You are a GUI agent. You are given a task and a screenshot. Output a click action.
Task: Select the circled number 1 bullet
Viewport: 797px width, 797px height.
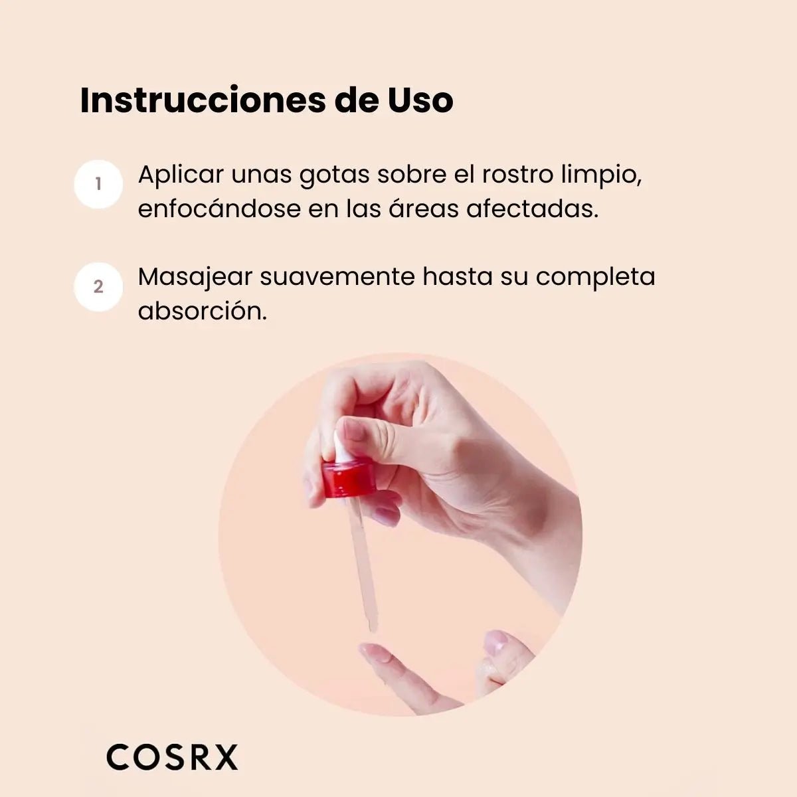pyautogui.click(x=98, y=184)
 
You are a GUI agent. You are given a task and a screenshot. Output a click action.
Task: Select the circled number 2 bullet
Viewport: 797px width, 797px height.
pyautogui.click(x=98, y=286)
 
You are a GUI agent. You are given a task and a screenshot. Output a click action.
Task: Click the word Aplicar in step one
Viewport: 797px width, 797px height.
pyautogui.click(x=181, y=175)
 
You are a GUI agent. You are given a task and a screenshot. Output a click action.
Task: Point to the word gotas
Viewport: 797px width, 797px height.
pyautogui.click(x=334, y=175)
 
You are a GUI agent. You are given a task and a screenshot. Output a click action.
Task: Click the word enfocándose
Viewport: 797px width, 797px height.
pyautogui.click(x=219, y=209)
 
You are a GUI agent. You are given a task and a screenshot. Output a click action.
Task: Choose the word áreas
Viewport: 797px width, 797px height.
pyautogui.click(x=423, y=209)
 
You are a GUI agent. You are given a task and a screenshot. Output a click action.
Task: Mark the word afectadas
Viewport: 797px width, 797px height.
pyautogui.click(x=532, y=209)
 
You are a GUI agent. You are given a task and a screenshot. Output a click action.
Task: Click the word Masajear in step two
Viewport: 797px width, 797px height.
pyautogui.click(x=195, y=278)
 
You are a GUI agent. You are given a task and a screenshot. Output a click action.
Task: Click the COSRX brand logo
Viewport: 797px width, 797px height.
pyautogui.click(x=172, y=757)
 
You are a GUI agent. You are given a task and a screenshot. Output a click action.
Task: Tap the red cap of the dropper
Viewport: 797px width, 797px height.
pyautogui.click(x=348, y=478)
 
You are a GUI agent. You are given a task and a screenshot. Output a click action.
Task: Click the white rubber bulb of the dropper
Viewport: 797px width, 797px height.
pyautogui.click(x=341, y=447)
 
